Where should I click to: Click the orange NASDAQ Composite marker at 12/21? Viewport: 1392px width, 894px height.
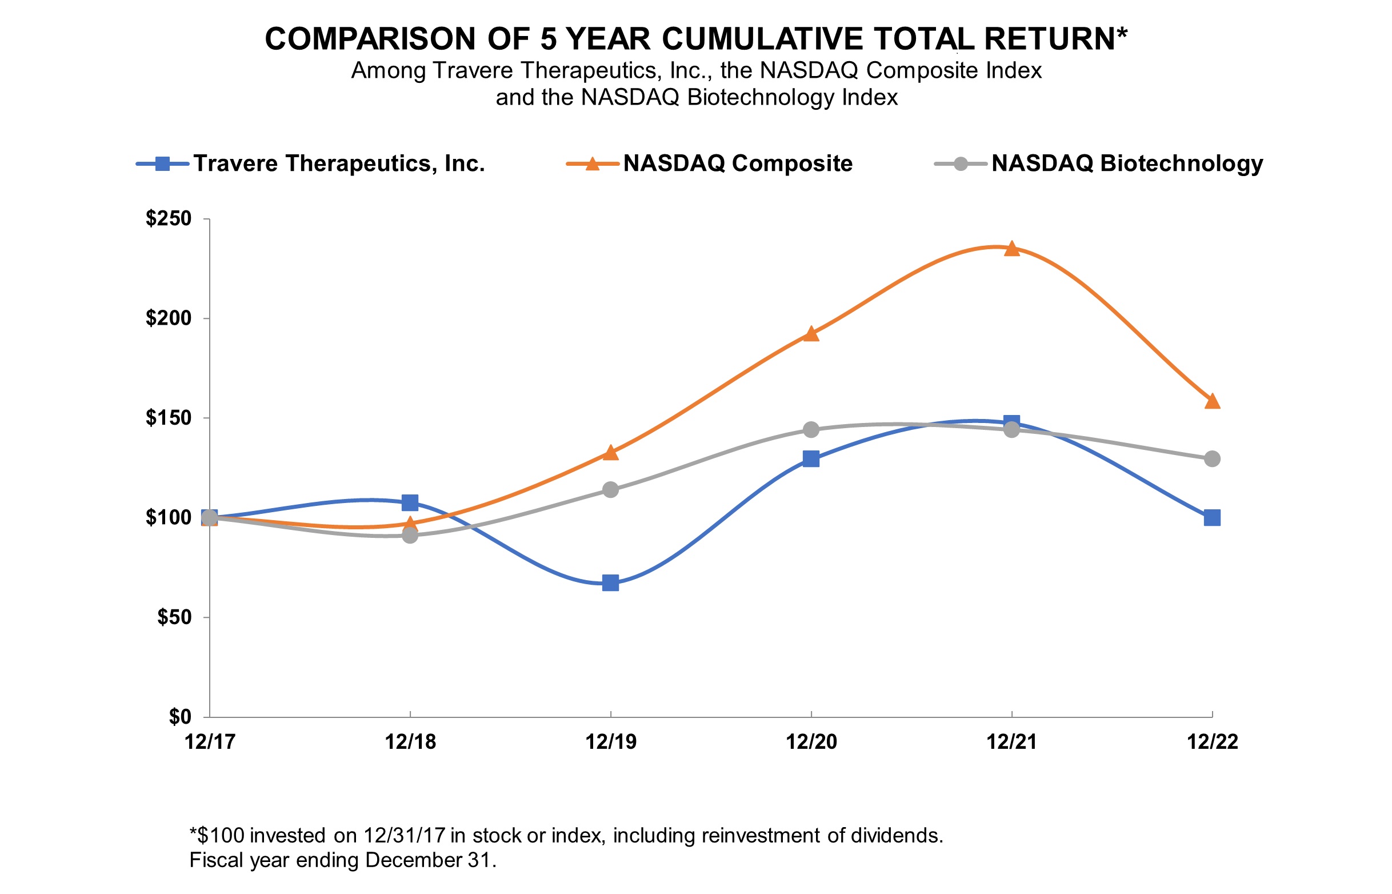(x=1011, y=249)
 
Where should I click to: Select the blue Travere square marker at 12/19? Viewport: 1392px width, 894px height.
(x=610, y=583)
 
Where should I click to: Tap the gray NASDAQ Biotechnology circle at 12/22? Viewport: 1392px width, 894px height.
(x=1211, y=458)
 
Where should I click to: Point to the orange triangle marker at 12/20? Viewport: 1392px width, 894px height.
(x=811, y=334)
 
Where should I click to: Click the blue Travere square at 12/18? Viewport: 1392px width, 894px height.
(x=410, y=502)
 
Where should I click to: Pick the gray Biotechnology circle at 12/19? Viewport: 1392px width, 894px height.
(x=610, y=489)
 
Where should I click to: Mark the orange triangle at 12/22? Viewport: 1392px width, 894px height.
(x=1211, y=401)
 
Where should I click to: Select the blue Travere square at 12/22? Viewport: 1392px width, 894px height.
(x=1211, y=517)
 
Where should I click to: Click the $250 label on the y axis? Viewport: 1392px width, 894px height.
(x=168, y=218)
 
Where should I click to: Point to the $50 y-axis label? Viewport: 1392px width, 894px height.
(x=174, y=617)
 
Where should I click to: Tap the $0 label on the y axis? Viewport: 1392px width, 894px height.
(x=180, y=717)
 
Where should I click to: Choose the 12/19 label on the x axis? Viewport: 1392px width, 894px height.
(x=610, y=742)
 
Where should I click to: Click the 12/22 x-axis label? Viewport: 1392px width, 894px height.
(x=1211, y=742)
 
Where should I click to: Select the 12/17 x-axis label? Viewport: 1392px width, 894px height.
(x=210, y=742)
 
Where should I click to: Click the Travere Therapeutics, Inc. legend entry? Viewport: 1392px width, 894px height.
(x=339, y=163)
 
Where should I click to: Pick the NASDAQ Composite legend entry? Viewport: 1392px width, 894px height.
(x=738, y=163)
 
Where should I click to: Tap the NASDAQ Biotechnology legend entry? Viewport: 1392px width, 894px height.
(x=1127, y=163)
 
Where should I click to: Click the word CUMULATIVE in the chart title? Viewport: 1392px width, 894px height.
(x=762, y=39)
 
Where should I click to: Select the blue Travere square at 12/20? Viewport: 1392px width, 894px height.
(x=811, y=458)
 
